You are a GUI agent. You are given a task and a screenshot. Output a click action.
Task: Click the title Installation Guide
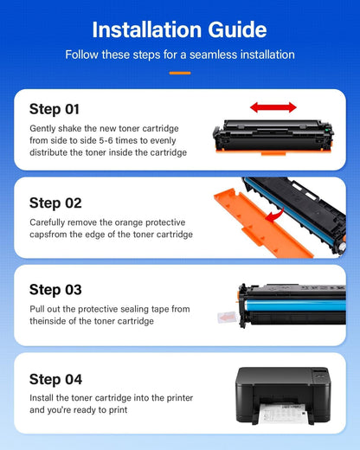tap(179, 29)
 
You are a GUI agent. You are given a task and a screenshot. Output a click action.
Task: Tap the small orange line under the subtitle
tap(179, 72)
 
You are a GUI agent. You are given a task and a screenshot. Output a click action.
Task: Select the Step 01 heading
tap(55, 109)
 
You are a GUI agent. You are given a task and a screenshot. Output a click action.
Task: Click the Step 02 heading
tap(55, 202)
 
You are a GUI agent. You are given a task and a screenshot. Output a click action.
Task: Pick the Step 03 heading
tap(55, 290)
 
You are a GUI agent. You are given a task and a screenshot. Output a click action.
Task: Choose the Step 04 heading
tap(55, 379)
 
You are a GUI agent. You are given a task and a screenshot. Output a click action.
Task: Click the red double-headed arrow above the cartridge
tap(273, 107)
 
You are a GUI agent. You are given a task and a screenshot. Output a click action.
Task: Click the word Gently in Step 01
tap(44, 128)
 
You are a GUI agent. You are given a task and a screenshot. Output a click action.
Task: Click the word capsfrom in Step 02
tap(49, 234)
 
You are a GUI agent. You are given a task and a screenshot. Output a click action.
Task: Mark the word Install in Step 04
tap(42, 398)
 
